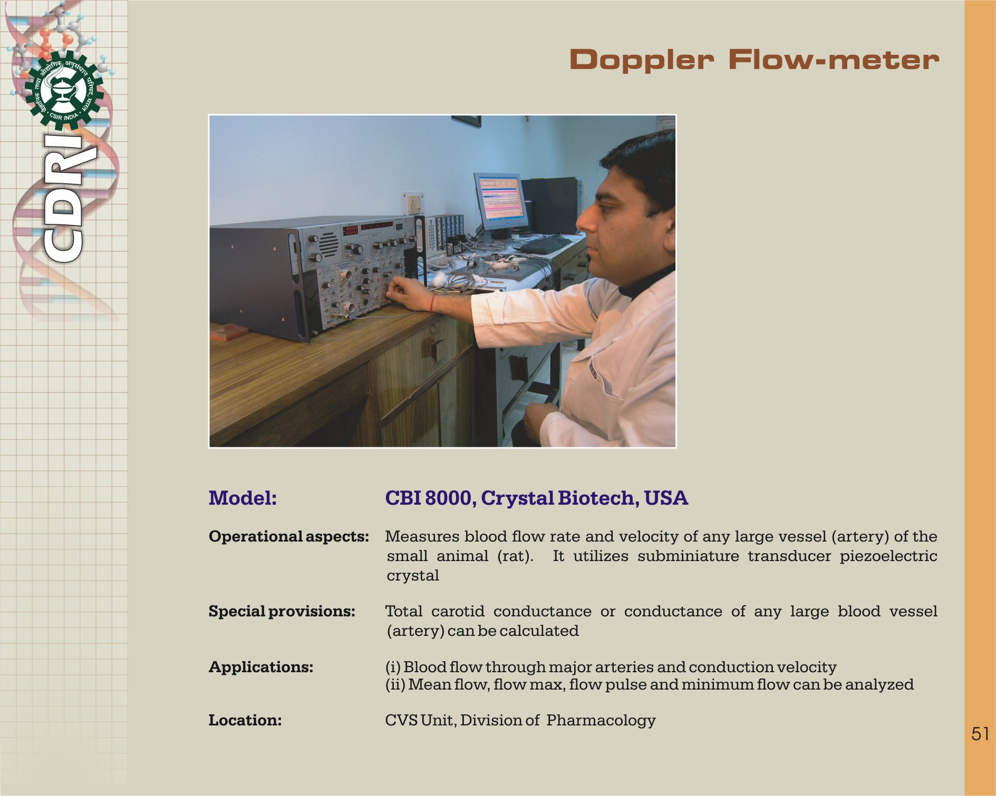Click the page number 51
pyautogui.click(x=980, y=734)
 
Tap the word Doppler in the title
pyautogui.click(x=642, y=60)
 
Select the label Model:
pyautogui.click(x=243, y=498)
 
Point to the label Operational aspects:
pyautogui.click(x=289, y=537)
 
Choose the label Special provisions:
pyautogui.click(x=282, y=611)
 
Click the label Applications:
pyautogui.click(x=261, y=667)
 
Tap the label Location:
pyautogui.click(x=245, y=720)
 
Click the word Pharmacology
pyautogui.click(x=601, y=721)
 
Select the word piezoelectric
pyautogui.click(x=888, y=556)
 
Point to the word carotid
pyautogui.click(x=458, y=611)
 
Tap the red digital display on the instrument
pyautogui.click(x=351, y=230)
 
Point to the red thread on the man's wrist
pyautogui.click(x=433, y=303)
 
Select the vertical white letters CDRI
pyautogui.click(x=63, y=198)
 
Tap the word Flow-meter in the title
pyautogui.click(x=834, y=60)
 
